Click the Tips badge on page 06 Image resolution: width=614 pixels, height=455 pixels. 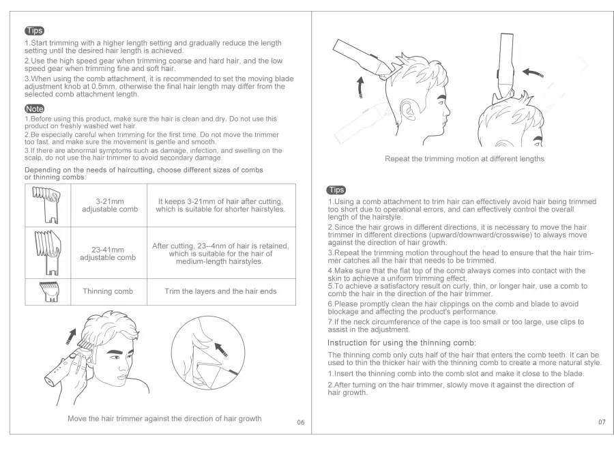click(34, 31)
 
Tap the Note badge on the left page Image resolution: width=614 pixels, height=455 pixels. click(34, 108)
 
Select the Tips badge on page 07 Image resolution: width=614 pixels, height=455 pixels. click(337, 190)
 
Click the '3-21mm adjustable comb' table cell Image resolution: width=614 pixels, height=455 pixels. click(108, 205)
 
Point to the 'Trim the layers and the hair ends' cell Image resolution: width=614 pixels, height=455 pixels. click(221, 291)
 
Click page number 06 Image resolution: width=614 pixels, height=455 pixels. click(301, 423)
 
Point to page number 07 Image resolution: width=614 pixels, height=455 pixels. click(601, 422)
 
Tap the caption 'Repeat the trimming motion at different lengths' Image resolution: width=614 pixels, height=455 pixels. click(465, 159)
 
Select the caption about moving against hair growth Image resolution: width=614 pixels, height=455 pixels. click(164, 418)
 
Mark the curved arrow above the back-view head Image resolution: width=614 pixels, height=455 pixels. click(534, 72)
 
